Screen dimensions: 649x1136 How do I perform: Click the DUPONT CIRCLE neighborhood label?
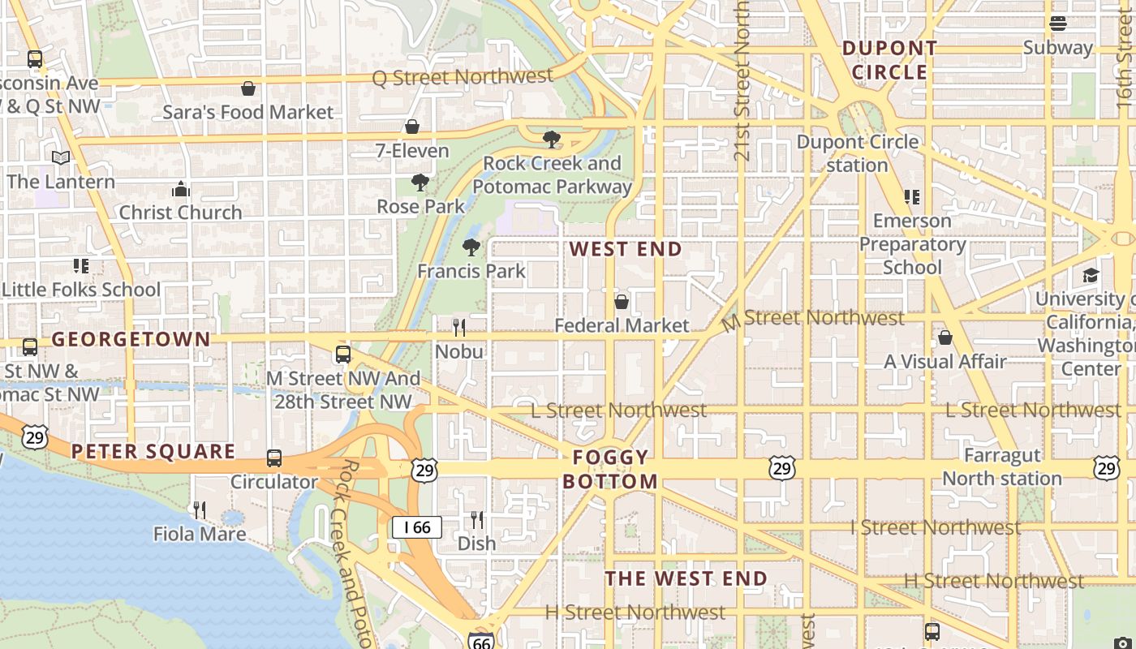pyautogui.click(x=890, y=60)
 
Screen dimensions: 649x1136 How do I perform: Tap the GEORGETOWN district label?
pyautogui.click(x=131, y=339)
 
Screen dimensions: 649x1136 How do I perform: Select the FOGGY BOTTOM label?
pyautogui.click(x=610, y=469)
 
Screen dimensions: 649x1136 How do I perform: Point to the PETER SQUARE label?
pyautogui.click(x=153, y=451)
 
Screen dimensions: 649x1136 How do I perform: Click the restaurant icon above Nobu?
pyautogui.click(x=459, y=328)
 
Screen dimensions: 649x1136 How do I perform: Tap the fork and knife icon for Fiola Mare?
pyautogui.click(x=199, y=510)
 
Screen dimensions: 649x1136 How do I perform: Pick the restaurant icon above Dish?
pyautogui.click(x=477, y=520)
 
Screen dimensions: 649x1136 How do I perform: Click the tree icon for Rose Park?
pyautogui.click(x=420, y=183)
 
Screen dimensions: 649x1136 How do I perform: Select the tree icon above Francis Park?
pyautogui.click(x=471, y=247)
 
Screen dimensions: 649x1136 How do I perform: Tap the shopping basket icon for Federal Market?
pyautogui.click(x=622, y=303)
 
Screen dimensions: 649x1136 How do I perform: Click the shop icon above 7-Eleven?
pyautogui.click(x=412, y=127)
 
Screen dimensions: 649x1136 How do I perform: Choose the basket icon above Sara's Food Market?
pyautogui.click(x=248, y=88)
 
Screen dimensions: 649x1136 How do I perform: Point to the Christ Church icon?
pyautogui.click(x=180, y=190)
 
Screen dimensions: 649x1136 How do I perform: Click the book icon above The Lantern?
pyautogui.click(x=61, y=158)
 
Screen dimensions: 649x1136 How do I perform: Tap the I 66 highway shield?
pyautogui.click(x=417, y=527)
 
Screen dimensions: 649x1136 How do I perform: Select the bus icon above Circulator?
pyautogui.click(x=274, y=458)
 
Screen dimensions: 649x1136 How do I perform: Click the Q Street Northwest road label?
pyautogui.click(x=463, y=77)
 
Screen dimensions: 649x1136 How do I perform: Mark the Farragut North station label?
pyautogui.click(x=1002, y=466)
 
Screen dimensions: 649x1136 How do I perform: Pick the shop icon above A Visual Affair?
pyautogui.click(x=945, y=337)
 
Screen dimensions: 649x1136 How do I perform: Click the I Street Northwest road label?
pyautogui.click(x=936, y=527)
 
